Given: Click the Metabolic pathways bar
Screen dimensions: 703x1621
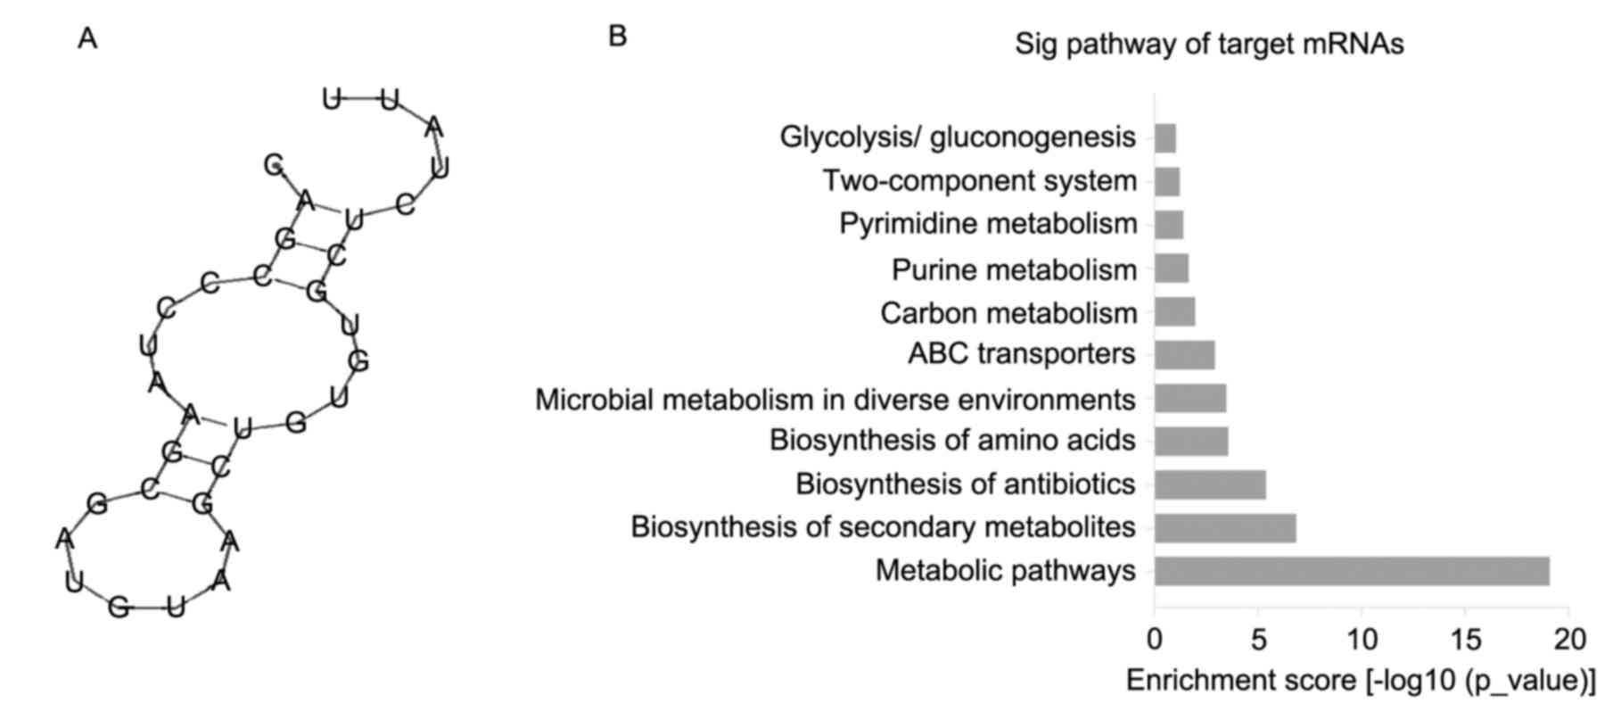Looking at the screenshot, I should pyautogui.click(x=1351, y=571).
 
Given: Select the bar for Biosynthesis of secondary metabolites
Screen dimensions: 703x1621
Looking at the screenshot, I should pyautogui.click(x=1224, y=528).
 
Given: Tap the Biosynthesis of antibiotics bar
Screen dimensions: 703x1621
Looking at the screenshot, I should pyautogui.click(x=1209, y=485).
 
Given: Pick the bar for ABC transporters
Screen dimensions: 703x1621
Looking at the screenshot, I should pyautogui.click(x=1184, y=355).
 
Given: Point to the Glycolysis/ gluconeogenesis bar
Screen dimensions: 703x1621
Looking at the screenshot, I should pyautogui.click(x=1164, y=138).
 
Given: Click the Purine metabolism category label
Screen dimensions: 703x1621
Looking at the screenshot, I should pyautogui.click(x=1014, y=269).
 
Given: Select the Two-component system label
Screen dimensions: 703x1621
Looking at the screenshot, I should pyautogui.click(x=979, y=181).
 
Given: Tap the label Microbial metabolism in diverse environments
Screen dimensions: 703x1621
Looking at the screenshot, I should pyautogui.click(x=835, y=400).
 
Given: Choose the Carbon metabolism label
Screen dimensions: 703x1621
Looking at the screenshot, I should pyautogui.click(x=1008, y=313).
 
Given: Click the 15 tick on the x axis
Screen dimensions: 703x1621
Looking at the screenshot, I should pyautogui.click(x=1466, y=640).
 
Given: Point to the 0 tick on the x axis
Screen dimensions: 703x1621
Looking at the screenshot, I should pyautogui.click(x=1155, y=640).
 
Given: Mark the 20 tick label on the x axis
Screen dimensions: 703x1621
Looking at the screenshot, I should pyautogui.click(x=1569, y=640).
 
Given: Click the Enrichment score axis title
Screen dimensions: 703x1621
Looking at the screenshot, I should pyautogui.click(x=1361, y=681).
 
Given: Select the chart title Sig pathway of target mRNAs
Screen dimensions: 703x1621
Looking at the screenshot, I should pyautogui.click(x=1209, y=44).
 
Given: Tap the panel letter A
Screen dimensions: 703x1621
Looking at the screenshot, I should pyautogui.click(x=87, y=39).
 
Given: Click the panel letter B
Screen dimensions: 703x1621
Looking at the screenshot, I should pyautogui.click(x=617, y=37).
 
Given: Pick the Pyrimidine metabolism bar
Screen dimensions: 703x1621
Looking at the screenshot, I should pyautogui.click(x=1168, y=225).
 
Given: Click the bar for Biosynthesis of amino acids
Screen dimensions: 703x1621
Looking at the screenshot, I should pyautogui.click(x=1190, y=442).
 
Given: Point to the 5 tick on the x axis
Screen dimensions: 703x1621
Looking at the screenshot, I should pyautogui.click(x=1257, y=640).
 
